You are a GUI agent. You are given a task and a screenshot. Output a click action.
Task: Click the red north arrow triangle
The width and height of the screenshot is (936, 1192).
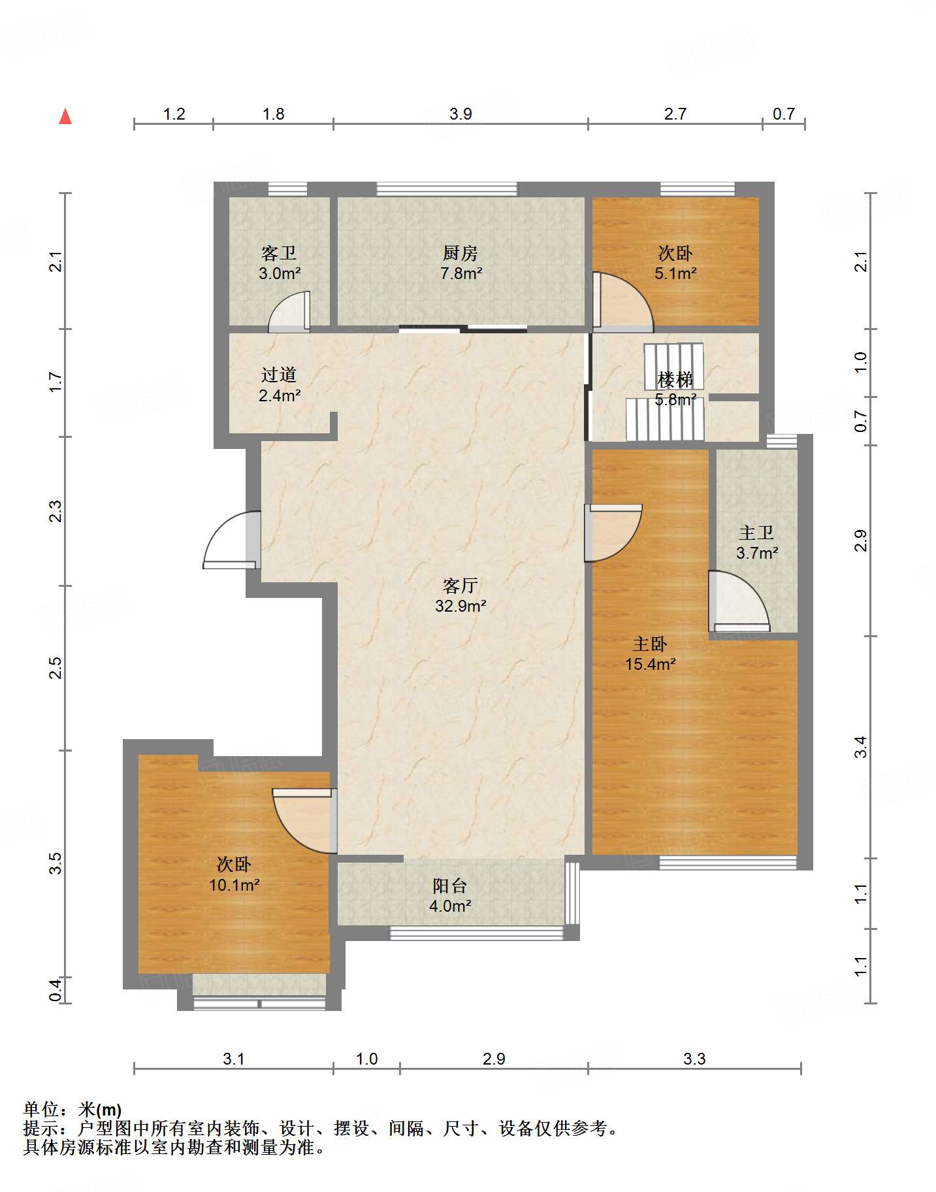click(x=65, y=116)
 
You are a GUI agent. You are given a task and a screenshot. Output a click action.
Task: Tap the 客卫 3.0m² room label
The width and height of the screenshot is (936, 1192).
click(x=280, y=263)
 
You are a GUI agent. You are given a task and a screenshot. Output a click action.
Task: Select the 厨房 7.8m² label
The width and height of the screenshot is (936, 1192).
click(x=461, y=263)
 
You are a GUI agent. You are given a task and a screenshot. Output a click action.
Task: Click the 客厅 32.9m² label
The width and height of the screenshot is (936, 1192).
click(x=460, y=595)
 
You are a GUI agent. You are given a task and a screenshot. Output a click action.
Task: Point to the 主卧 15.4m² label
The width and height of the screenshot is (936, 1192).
click(x=650, y=654)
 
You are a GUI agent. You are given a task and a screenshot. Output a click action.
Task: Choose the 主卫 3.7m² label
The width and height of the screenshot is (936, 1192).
click(x=757, y=543)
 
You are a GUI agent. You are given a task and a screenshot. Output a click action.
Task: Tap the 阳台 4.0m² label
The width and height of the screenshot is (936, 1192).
click(x=450, y=896)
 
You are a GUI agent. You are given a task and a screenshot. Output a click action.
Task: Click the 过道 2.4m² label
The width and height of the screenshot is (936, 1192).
click(x=280, y=385)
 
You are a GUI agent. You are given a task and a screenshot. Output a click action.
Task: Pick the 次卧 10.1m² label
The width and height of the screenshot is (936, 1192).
click(x=234, y=875)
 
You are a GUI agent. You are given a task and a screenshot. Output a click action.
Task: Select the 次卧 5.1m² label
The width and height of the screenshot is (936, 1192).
click(x=675, y=263)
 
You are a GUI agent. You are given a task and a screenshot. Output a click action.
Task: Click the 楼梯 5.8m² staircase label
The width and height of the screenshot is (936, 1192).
click(x=675, y=389)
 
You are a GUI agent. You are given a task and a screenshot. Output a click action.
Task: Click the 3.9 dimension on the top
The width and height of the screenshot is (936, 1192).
click(x=460, y=114)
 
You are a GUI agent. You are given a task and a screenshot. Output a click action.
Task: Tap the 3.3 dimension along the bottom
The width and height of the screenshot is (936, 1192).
click(x=694, y=1059)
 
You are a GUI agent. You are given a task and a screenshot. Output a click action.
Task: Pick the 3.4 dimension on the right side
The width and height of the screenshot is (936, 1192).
click(x=861, y=747)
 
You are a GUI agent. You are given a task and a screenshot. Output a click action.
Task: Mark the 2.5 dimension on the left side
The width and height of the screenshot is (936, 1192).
click(x=56, y=668)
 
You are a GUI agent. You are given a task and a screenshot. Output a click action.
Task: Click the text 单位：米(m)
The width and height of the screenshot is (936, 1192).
click(x=73, y=1110)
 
